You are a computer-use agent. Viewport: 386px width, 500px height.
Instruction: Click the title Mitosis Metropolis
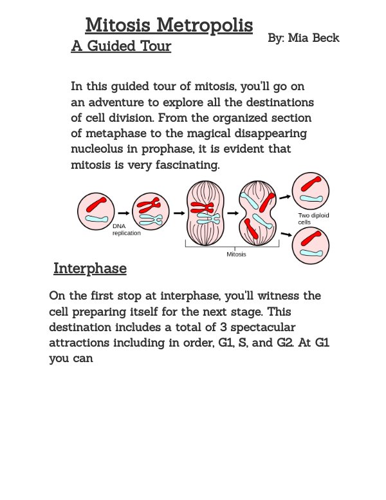point(169,26)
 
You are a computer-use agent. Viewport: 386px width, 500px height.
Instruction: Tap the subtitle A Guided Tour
point(121,46)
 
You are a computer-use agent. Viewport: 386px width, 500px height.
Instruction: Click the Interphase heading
point(89,268)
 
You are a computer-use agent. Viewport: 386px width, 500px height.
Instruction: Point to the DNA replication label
point(127,230)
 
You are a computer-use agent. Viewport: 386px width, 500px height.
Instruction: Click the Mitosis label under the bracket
point(236,254)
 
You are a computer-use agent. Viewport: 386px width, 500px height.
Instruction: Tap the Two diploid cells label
point(313,218)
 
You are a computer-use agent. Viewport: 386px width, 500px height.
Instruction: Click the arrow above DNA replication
point(124,211)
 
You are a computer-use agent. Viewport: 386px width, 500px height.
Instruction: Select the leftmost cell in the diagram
point(95,211)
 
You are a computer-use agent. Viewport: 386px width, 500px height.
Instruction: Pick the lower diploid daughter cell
point(311,245)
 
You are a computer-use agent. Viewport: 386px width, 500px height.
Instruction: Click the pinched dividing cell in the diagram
point(258,211)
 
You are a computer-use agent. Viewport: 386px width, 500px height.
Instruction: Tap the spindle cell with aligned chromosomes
point(205,211)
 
